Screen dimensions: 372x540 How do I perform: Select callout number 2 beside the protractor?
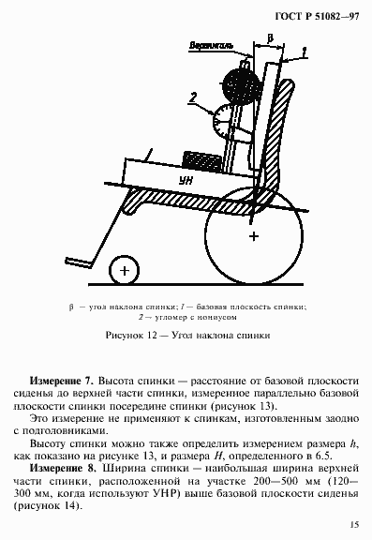coord(191,95)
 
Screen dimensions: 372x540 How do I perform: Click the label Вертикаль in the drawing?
coord(211,45)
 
